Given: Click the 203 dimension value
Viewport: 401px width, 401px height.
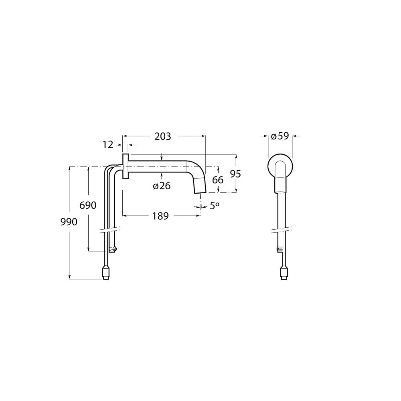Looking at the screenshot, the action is pos(162,137).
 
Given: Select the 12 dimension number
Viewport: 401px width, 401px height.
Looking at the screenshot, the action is pos(108,145).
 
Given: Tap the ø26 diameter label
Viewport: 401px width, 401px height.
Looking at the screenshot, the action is pos(162,186).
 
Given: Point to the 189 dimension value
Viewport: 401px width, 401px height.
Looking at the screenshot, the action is pos(161,216).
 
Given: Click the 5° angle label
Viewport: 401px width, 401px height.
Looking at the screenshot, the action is pos(215,206).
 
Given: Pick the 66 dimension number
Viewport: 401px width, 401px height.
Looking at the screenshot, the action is pos(218,180).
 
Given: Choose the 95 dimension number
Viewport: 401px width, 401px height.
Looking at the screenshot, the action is pos(235,174).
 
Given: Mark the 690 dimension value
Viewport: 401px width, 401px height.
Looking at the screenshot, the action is pos(88,205).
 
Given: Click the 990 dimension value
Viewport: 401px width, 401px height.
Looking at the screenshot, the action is pos(69,222).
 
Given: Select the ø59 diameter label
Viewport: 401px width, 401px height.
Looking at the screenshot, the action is pos(280,136).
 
